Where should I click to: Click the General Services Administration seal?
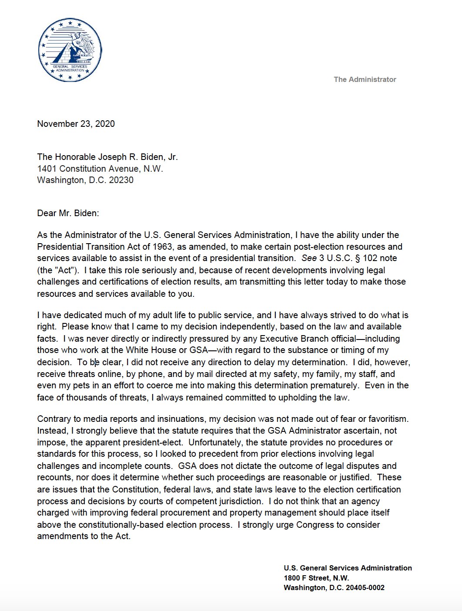click(70, 50)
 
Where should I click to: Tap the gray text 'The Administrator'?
click(365, 79)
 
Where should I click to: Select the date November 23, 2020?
click(76, 124)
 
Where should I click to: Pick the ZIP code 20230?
click(121, 180)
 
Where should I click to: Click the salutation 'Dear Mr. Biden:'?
click(68, 213)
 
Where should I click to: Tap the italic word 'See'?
click(309, 258)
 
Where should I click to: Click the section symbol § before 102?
click(348, 258)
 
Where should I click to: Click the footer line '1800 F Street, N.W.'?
click(316, 578)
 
